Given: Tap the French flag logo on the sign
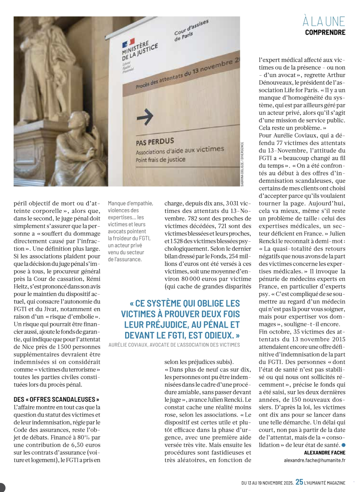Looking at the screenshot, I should coord(128,43).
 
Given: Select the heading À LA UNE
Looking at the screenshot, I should coord(324,22).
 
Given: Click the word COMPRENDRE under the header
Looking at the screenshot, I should coord(325,32).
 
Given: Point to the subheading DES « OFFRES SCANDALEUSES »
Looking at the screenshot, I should coord(56,400).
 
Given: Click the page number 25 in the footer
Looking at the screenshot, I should coord(299,482).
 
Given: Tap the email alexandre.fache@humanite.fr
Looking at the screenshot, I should coord(315,460).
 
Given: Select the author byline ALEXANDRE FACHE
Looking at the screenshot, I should coord(325,453).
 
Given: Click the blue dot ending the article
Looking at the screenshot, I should coord(343,445).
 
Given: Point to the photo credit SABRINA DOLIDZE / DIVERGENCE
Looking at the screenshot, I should coord(242,164).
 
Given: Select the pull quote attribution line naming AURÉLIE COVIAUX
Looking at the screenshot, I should coord(174,345).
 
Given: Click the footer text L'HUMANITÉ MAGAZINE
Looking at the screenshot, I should coord(325,483).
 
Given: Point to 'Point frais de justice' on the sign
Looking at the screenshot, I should coord(161,160).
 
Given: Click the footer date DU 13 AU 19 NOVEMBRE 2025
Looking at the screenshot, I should coord(267,483).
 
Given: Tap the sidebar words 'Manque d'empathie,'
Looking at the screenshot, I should coord(130,203).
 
